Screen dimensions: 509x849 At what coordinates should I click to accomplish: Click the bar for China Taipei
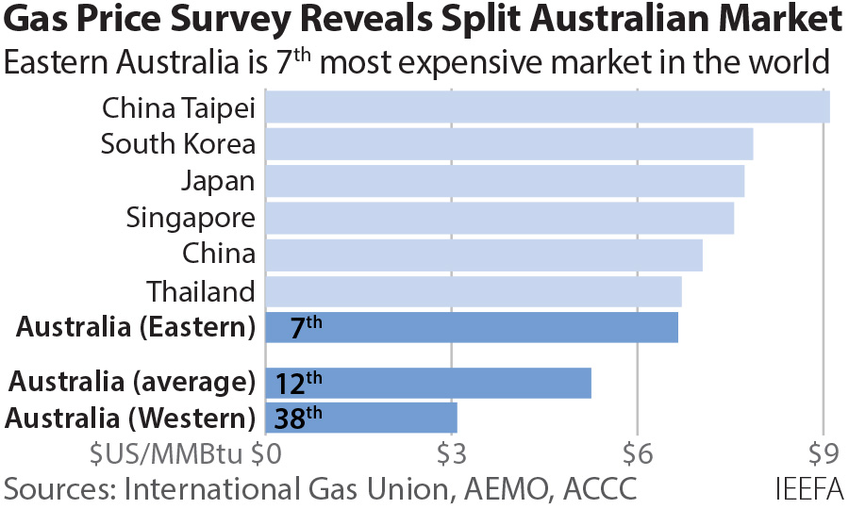coord(547,107)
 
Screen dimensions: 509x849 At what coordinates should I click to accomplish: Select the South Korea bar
coord(509,143)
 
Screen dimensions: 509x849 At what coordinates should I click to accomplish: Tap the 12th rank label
coord(299,383)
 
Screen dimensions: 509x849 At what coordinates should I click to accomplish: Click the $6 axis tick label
coord(638,454)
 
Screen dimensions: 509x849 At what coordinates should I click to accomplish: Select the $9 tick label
coord(824,454)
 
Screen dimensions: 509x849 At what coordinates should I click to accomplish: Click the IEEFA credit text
coord(808,489)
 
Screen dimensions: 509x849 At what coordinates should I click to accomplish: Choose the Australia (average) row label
coord(133,382)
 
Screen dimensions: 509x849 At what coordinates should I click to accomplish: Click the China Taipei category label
coord(178,107)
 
